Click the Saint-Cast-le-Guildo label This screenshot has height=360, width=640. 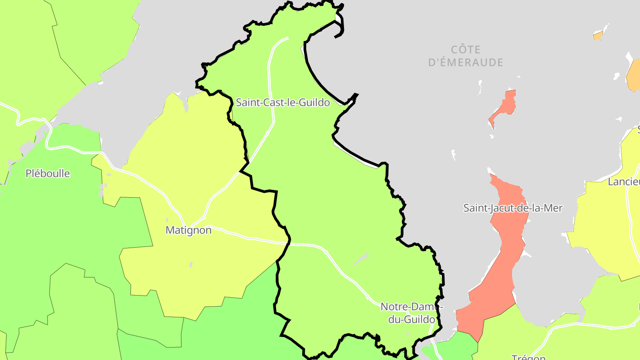(x=283, y=103)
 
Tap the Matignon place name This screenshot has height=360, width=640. (x=188, y=230)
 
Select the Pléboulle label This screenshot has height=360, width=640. (x=48, y=173)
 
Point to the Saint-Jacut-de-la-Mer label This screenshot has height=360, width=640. (x=513, y=208)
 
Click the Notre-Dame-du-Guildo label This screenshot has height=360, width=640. (x=412, y=313)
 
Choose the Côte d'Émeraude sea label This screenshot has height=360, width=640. (x=465, y=56)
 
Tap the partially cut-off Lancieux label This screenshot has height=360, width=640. (x=624, y=182)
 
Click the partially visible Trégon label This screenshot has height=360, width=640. (x=528, y=357)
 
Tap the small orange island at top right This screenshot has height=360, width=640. (x=598, y=36)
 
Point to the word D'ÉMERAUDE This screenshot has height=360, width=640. (x=465, y=63)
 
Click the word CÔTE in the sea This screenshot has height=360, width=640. (x=465, y=49)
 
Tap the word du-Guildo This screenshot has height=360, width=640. (x=412, y=320)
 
